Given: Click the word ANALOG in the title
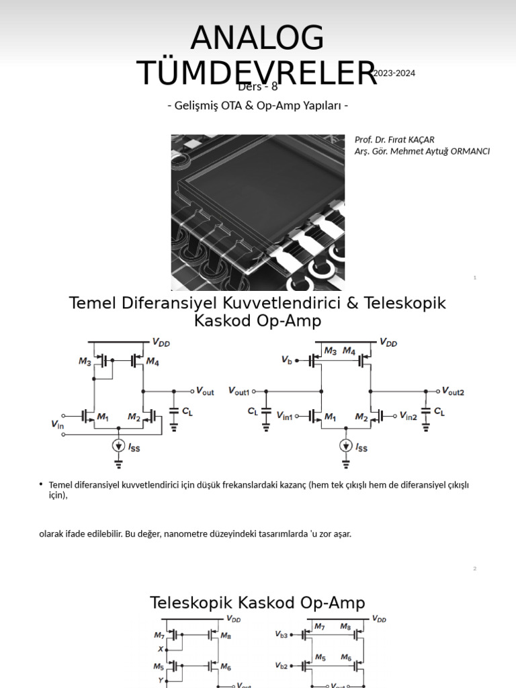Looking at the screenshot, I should pos(257,38).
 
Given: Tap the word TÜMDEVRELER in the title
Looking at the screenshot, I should pos(257,73).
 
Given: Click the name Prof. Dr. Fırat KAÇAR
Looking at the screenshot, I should pos(394,139).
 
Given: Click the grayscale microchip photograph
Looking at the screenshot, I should pos(258,212).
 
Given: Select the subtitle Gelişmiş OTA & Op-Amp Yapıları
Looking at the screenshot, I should pos(257,106).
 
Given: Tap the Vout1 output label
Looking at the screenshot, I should pos(239,391).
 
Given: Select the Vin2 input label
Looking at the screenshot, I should pos(408,416).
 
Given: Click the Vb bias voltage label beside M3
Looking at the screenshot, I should pos(287,360).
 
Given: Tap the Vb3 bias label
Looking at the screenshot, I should pos(282,634).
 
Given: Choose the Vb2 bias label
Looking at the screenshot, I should pos(282,666).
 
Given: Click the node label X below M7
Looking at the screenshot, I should pos(160,649).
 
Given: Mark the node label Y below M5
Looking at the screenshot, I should pos(160,680).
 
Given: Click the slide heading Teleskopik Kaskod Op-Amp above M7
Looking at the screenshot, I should pos(257,603).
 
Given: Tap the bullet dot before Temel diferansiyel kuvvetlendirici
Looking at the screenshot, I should pos(41,484).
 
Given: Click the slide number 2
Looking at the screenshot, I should pos(474,569).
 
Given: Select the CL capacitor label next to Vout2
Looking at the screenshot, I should pos(439,411).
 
